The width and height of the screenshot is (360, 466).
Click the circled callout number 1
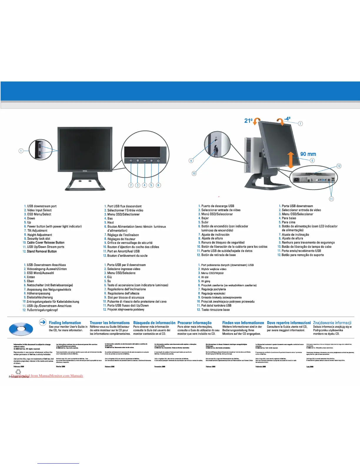click(21, 151)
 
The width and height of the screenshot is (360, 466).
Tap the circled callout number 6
click(158, 185)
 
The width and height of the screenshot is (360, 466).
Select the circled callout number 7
click(300, 124)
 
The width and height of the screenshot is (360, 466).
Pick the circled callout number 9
click(191, 161)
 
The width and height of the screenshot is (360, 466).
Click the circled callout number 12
click(339, 166)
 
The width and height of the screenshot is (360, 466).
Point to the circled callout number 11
click(331, 199)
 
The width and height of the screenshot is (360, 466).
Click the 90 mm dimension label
click(308, 154)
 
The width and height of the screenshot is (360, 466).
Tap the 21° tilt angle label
click(249, 121)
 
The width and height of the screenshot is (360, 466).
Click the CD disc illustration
click(21, 329)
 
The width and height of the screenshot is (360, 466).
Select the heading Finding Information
click(65, 323)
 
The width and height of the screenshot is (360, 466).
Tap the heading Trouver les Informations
click(109, 323)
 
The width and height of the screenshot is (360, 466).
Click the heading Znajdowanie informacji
click(332, 323)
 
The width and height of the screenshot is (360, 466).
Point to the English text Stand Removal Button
click(42, 251)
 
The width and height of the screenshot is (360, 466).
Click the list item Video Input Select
click(39, 210)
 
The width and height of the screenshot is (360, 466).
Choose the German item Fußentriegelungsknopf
click(42, 310)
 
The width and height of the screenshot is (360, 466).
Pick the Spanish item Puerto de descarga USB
click(218, 206)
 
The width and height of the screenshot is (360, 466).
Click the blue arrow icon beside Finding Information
click(43, 322)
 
